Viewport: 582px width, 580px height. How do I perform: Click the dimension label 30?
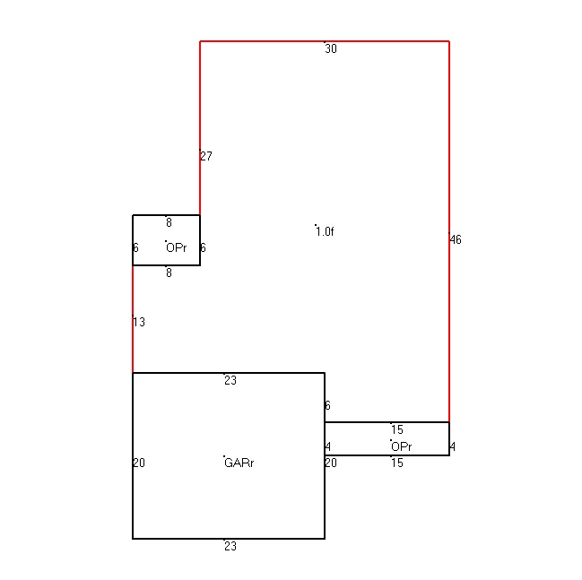[331, 48]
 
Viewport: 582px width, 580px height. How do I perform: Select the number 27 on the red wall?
[206, 156]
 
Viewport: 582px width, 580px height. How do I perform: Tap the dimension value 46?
[456, 239]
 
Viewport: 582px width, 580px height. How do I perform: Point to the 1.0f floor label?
[325, 231]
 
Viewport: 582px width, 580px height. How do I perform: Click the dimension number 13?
[139, 322]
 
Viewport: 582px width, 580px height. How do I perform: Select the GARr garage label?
[239, 463]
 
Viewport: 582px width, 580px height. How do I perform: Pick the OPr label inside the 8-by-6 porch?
[177, 247]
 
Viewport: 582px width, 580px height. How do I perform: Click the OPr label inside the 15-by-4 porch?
[402, 446]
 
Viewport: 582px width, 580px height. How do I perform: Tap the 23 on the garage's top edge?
[230, 380]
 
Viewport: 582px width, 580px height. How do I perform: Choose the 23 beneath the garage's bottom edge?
[230, 546]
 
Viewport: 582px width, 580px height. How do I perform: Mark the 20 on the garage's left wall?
[139, 463]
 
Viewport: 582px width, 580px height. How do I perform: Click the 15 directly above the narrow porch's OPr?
[397, 429]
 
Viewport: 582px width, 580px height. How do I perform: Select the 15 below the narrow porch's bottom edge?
[397, 463]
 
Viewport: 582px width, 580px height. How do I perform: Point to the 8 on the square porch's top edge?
[169, 222]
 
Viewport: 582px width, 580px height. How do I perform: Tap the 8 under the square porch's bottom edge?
[169, 273]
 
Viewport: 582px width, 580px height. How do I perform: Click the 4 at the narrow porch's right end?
[453, 446]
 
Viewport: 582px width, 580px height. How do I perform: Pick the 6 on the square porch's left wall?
[135, 247]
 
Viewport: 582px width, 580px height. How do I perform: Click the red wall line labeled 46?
[449, 231]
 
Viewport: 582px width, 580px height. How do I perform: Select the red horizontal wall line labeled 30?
[325, 41]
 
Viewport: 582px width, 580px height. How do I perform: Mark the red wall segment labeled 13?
[133, 319]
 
